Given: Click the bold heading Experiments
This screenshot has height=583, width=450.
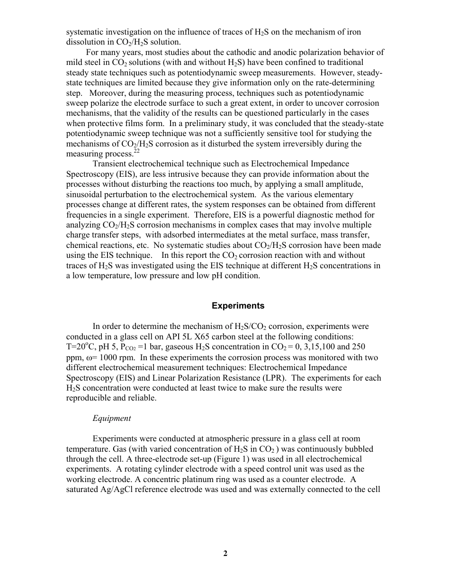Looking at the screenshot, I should click(x=238, y=306).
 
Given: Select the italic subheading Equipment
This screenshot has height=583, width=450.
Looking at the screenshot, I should click(x=112, y=418).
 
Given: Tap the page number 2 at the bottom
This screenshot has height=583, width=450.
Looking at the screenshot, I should click(x=225, y=553).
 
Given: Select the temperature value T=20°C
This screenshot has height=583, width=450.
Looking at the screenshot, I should click(x=82, y=347).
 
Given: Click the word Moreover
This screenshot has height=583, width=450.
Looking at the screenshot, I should click(x=105, y=93).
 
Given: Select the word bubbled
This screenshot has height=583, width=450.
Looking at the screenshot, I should click(x=360, y=449).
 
